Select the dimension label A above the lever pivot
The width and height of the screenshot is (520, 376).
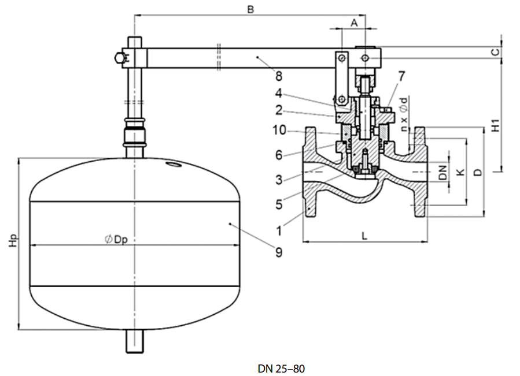click(354, 21)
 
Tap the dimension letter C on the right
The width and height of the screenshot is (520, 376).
click(495, 52)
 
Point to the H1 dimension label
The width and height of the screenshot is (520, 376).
click(495, 126)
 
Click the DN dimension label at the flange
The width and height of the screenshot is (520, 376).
click(442, 172)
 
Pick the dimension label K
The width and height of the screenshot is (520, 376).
click(460, 172)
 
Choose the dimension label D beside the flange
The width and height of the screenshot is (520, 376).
click(477, 172)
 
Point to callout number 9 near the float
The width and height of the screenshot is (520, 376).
click(278, 252)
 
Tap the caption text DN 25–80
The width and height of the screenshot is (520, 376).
click(281, 368)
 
